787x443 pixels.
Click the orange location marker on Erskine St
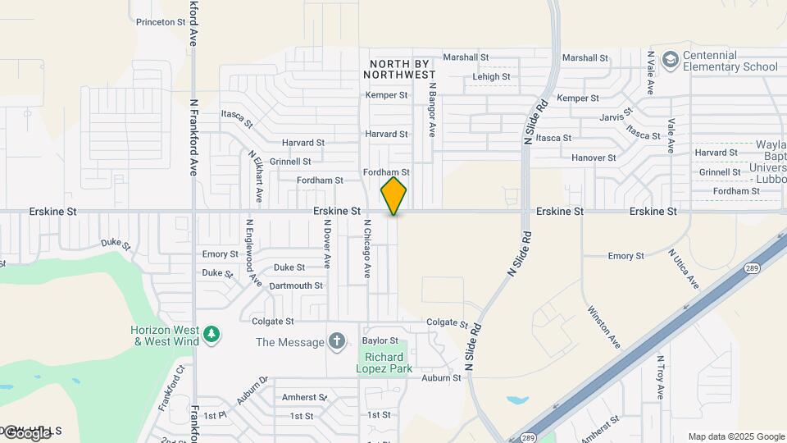coord(393,196)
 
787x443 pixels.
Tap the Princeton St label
coord(161,22)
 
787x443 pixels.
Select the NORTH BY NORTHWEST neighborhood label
coord(402,69)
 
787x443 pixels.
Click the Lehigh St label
coord(491,77)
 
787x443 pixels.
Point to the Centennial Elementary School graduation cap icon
coord(670,60)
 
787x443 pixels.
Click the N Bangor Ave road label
coord(431,108)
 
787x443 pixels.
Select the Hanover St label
coord(594,158)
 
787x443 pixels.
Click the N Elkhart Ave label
coord(257,176)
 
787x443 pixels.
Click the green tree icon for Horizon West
coord(212,335)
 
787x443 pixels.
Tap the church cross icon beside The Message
coord(336,340)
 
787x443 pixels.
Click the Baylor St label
coord(380,340)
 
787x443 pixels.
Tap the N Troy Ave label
coord(660,377)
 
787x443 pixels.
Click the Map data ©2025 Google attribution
coord(736,436)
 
